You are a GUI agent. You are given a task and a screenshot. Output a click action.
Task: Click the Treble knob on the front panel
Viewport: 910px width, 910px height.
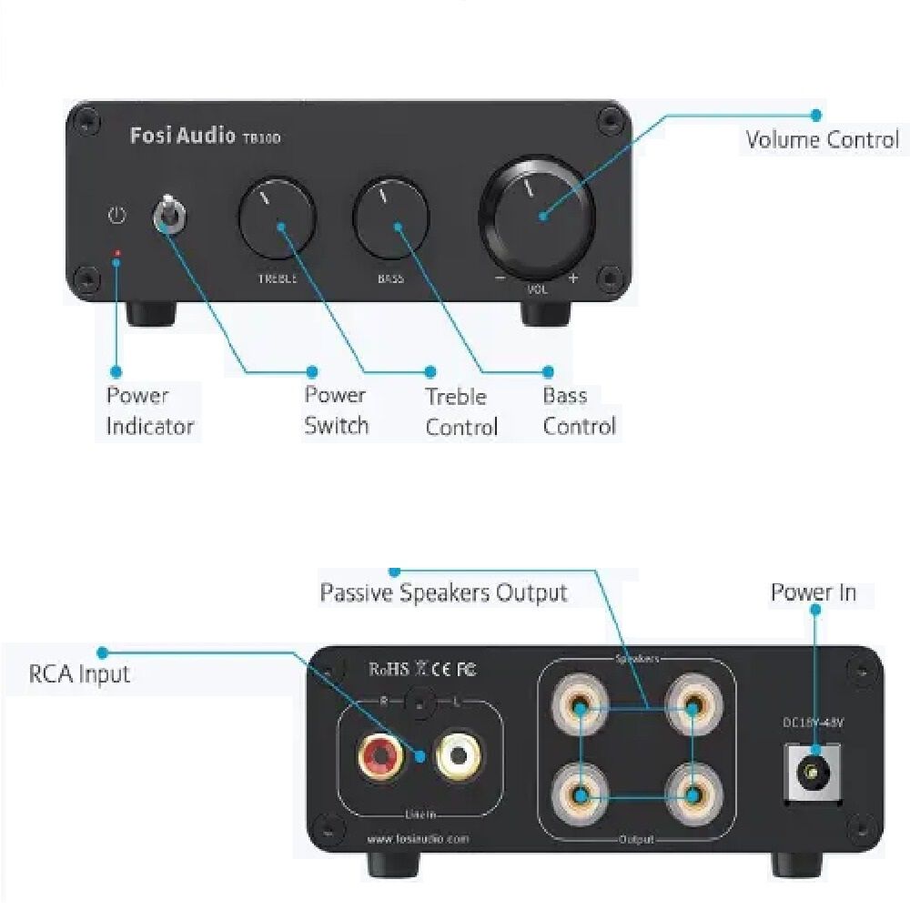(x=277, y=217)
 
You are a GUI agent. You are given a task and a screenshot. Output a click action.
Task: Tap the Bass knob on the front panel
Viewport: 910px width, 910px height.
(x=391, y=217)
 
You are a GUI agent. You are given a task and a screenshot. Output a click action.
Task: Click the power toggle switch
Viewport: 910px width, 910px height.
(x=167, y=214)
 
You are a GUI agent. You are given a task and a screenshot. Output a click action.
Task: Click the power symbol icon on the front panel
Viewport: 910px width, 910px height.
(x=116, y=216)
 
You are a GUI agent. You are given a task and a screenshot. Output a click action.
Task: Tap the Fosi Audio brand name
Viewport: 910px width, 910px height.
(x=183, y=136)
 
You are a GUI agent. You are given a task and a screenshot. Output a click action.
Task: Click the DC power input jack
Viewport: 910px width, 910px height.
(x=810, y=773)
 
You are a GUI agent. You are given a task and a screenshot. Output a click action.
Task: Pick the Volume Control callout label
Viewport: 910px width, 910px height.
(x=822, y=140)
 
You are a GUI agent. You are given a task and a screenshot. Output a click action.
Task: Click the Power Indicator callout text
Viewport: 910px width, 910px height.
(x=149, y=410)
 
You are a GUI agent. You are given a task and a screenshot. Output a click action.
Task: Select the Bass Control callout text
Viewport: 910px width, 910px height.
(x=579, y=410)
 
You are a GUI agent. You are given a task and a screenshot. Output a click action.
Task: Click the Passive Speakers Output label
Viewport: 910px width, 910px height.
(x=443, y=593)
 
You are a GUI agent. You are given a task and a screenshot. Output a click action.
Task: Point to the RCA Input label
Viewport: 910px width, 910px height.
(x=79, y=674)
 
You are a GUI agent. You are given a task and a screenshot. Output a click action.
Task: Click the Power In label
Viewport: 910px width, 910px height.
(x=814, y=592)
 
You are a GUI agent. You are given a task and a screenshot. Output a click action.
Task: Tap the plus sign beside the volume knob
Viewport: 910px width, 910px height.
(x=572, y=278)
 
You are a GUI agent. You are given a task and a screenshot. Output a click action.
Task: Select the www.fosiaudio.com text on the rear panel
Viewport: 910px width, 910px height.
(x=419, y=838)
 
